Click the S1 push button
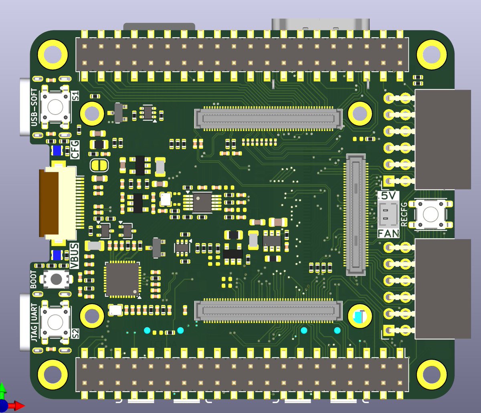point(55,106)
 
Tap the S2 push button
point(55,322)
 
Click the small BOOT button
point(56,279)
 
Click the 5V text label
point(388,196)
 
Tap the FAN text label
point(388,233)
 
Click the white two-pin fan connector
point(388,214)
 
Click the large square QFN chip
point(123,280)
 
